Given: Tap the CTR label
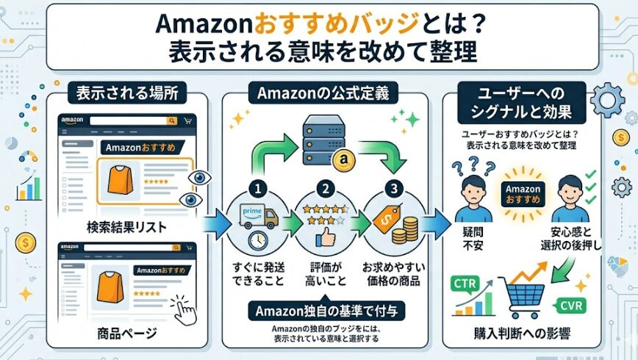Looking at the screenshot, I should tap(465, 283).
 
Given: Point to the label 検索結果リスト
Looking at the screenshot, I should tap(126, 228).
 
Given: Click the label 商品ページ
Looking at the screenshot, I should tap(126, 334).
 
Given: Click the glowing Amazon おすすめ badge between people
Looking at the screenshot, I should tap(523, 194).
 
